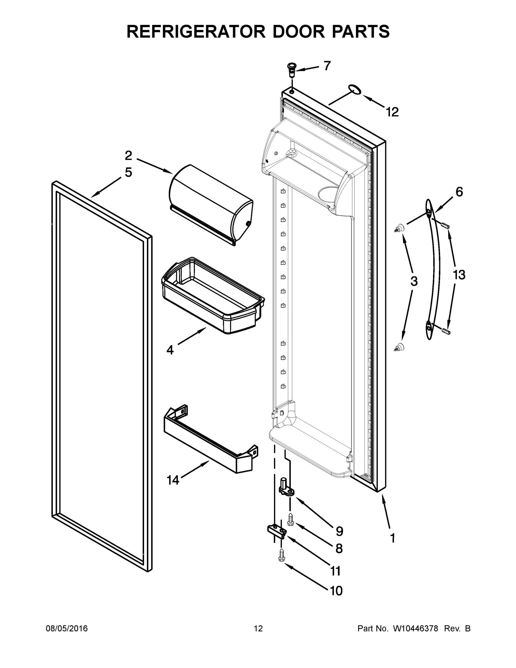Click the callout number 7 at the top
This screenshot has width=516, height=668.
(327, 66)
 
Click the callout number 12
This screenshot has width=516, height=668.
(392, 112)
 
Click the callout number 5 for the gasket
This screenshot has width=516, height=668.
(129, 173)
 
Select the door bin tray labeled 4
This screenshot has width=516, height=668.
(213, 295)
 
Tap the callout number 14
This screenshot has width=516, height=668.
(173, 480)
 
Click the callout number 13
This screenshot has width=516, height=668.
(459, 275)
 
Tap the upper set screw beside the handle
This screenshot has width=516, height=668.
(446, 226)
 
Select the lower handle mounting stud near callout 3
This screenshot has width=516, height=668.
(399, 347)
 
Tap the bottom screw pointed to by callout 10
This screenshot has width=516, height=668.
(282, 554)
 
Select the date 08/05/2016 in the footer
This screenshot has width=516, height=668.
(67, 628)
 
